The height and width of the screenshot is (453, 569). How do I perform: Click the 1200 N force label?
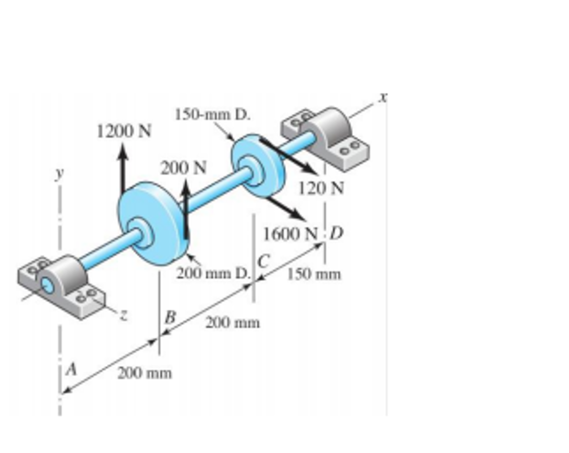click(x=123, y=132)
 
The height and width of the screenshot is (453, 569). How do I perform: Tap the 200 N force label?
click(x=183, y=167)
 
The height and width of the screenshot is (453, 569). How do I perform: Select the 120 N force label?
click(x=321, y=188)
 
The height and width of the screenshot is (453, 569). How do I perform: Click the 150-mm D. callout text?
click(x=213, y=115)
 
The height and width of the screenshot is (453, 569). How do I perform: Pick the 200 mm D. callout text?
click(x=214, y=273)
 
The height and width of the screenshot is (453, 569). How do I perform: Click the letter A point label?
click(x=71, y=369)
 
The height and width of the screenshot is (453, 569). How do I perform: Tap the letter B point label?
click(x=170, y=317)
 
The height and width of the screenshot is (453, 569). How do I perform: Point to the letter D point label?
click(x=336, y=233)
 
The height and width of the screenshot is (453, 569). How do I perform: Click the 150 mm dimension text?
click(x=315, y=274)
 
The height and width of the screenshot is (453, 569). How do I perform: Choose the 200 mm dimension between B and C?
click(x=232, y=322)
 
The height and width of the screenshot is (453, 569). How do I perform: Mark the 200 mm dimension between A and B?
click(x=144, y=372)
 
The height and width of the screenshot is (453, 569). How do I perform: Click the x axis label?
click(x=382, y=97)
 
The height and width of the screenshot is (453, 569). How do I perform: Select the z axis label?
click(x=124, y=315)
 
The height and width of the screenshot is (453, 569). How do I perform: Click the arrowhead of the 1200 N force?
click(x=123, y=149)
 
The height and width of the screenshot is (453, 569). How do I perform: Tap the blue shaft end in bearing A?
click(x=47, y=286)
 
